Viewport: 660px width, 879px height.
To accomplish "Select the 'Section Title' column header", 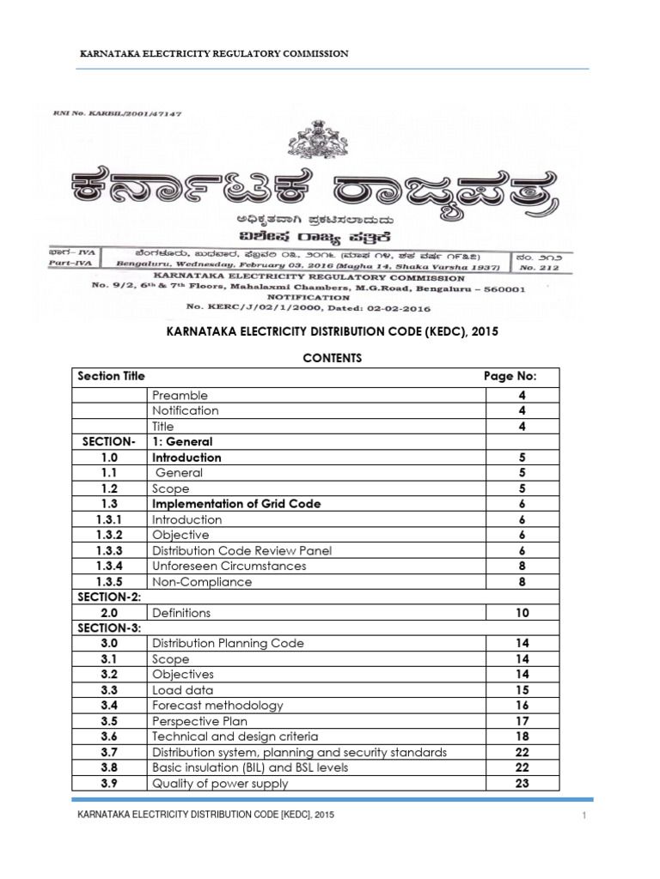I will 111,376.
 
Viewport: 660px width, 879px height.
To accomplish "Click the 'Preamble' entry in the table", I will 180,396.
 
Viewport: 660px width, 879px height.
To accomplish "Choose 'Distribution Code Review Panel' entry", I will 241,550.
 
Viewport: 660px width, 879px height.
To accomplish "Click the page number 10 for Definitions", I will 522,613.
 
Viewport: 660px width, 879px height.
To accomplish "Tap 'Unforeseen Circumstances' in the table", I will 229,566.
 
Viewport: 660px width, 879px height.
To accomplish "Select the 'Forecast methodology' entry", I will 217,706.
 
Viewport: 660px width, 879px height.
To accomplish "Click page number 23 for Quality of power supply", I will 522,783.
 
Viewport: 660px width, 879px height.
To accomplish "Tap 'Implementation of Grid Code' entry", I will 236,504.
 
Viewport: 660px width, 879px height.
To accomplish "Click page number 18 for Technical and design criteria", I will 522,737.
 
